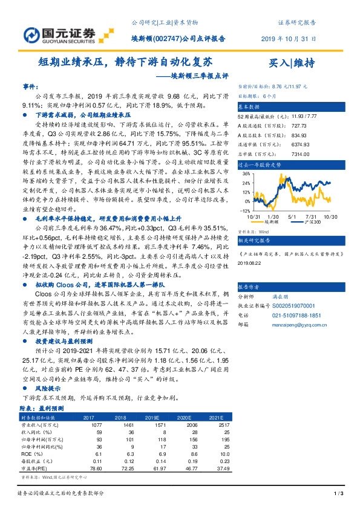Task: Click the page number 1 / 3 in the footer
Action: [338, 494]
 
